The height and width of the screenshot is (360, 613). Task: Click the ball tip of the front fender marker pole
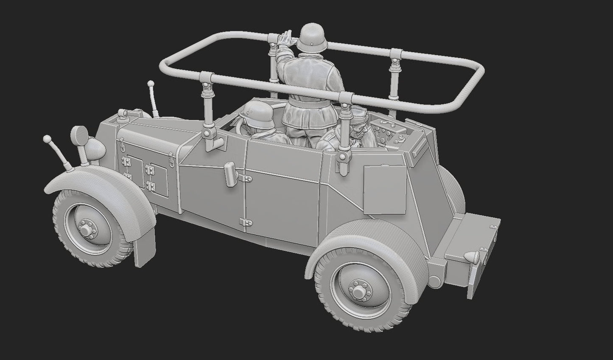[47, 138]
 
